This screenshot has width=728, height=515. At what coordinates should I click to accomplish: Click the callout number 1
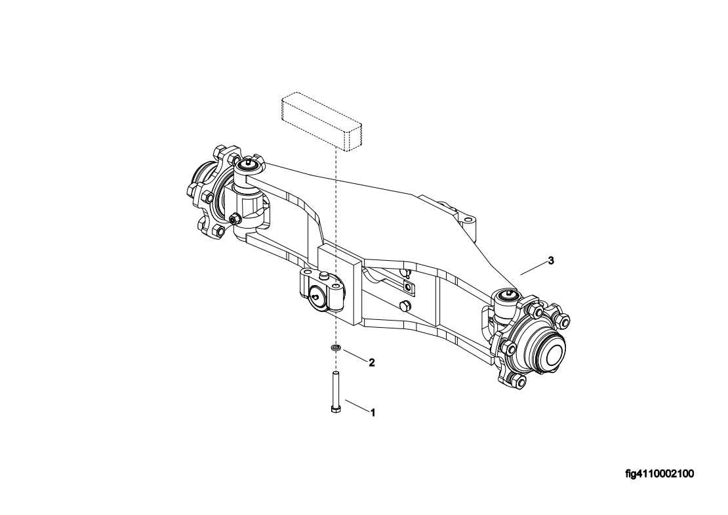(x=372, y=413)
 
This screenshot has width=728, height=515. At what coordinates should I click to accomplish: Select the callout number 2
(x=371, y=363)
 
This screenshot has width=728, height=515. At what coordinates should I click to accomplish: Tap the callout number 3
(x=551, y=261)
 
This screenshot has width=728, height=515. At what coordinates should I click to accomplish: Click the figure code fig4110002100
(x=660, y=474)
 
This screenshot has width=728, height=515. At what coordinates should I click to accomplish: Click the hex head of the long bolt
(x=335, y=409)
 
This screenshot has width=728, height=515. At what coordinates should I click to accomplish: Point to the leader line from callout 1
(x=357, y=405)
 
